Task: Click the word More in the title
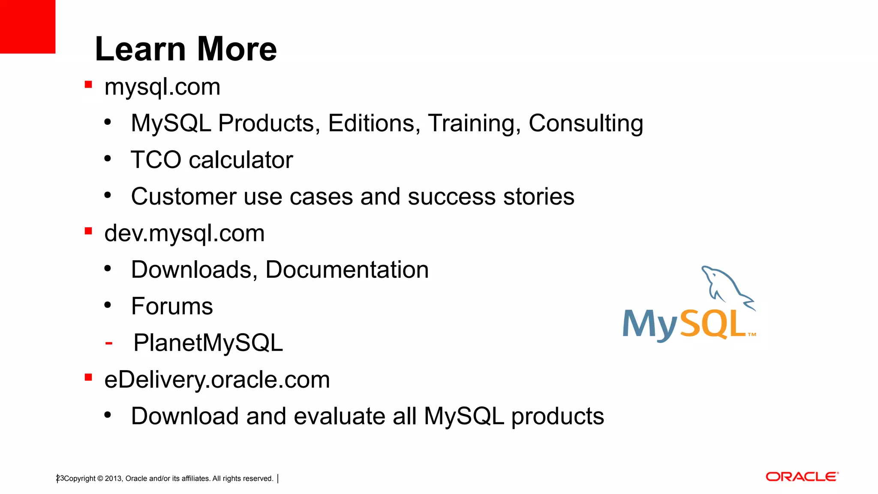point(237,49)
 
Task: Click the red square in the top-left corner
point(27,27)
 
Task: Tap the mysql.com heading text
point(162,87)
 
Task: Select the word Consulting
point(586,123)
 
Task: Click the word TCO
point(156,160)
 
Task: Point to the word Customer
point(183,197)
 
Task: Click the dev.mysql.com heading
point(184,234)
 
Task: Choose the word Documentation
point(347,270)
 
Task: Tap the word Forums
point(172,307)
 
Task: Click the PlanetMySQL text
point(208,343)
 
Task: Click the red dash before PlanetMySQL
point(109,343)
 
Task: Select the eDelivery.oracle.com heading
point(217,380)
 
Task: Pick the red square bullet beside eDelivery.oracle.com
point(88,377)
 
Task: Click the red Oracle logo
point(801,477)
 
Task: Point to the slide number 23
point(60,478)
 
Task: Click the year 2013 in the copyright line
point(113,479)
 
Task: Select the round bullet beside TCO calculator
point(108,159)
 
